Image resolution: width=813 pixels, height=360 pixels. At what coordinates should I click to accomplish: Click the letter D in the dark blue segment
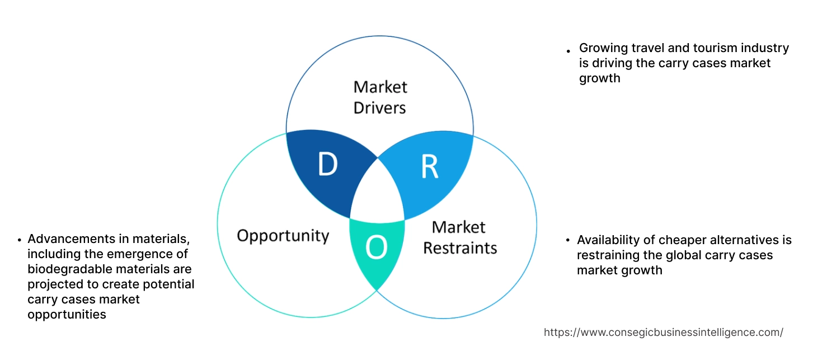click(327, 165)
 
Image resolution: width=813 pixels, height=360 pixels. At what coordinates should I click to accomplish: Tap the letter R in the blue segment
click(429, 166)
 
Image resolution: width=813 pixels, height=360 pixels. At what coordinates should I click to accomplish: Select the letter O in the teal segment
click(377, 247)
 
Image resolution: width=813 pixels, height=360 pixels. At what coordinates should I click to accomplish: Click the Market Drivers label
click(380, 97)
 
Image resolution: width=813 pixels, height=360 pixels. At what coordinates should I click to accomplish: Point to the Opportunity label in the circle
click(283, 235)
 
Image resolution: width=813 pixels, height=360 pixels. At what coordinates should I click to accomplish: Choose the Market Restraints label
click(459, 237)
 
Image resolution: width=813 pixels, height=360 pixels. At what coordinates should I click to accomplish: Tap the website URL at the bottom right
click(663, 333)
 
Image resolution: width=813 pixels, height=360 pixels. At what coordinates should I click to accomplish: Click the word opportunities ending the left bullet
click(67, 315)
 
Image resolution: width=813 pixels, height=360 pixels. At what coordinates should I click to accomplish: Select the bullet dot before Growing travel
click(569, 51)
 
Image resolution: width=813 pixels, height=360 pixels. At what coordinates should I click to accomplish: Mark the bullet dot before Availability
click(568, 241)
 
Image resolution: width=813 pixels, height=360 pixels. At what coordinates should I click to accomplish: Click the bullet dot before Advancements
click(20, 240)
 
